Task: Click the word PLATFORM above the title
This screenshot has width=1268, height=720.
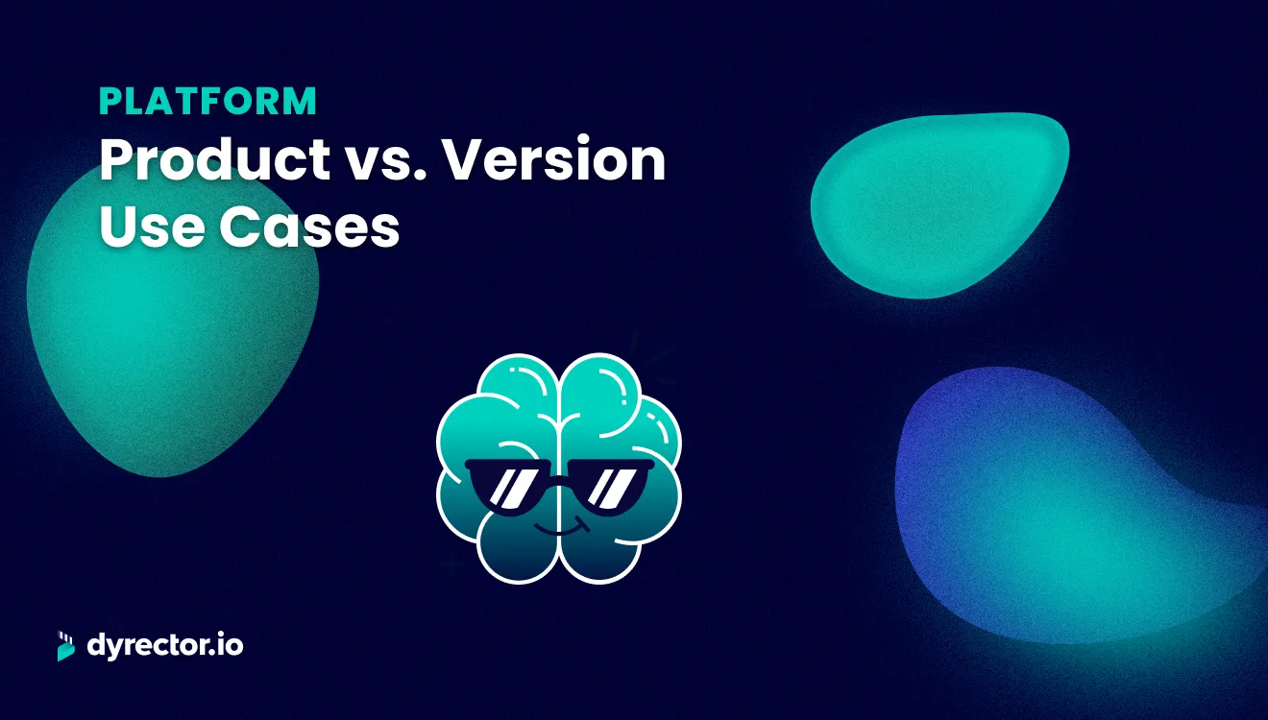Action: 207,102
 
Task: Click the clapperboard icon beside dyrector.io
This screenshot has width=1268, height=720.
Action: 66,646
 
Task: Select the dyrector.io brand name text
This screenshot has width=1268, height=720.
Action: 164,646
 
